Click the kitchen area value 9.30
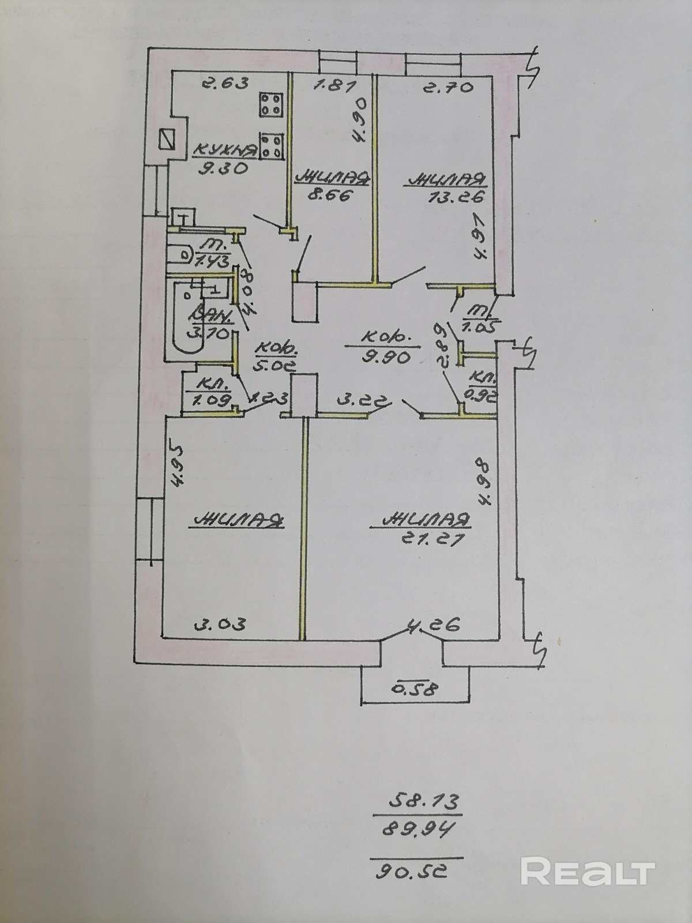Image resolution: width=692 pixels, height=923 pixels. point(222,169)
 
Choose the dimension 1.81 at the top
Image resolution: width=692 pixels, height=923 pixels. point(333,86)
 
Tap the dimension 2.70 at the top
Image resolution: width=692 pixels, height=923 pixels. point(447,87)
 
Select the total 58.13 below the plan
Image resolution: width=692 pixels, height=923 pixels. point(419,801)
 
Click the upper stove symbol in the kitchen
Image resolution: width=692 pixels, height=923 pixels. point(270,105)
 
